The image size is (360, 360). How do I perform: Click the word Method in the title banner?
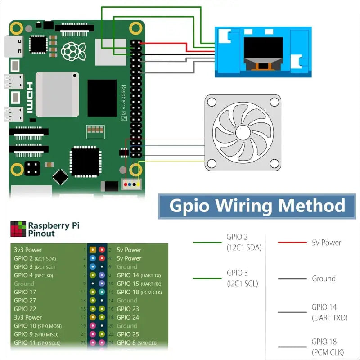point(312,206)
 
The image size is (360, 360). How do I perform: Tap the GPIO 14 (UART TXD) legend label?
point(330,312)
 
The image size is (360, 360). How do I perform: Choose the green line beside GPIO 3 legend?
point(207,279)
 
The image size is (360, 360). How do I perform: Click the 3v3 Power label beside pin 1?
point(28,250)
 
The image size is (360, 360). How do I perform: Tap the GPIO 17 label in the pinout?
point(25,292)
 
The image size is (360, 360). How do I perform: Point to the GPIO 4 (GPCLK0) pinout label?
point(33,275)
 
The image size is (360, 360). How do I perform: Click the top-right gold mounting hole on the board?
point(135,29)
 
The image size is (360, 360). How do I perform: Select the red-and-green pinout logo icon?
point(18,229)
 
